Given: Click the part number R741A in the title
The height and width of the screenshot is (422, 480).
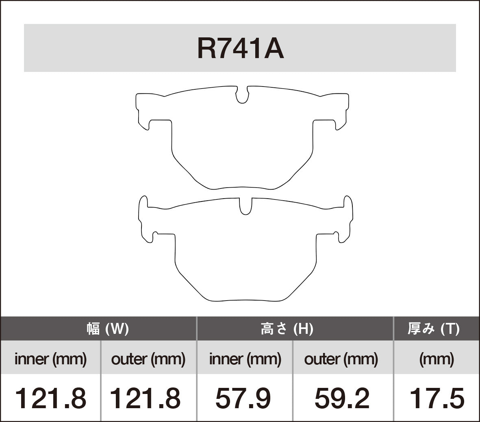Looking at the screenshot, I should [x=240, y=49].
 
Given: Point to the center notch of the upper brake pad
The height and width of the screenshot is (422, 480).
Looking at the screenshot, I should [x=242, y=95].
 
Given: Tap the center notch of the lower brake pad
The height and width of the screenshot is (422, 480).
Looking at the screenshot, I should [x=245, y=206].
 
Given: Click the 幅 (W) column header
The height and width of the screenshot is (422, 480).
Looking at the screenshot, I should [x=107, y=329].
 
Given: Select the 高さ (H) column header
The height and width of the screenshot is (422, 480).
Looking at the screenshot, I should [x=287, y=329].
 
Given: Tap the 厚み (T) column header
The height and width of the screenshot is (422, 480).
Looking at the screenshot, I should [x=434, y=329].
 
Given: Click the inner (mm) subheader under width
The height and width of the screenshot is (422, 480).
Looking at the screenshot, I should [x=50, y=359].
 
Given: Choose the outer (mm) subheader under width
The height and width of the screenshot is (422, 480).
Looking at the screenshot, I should [x=148, y=359].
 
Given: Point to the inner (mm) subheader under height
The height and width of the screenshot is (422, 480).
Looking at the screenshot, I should [x=245, y=359].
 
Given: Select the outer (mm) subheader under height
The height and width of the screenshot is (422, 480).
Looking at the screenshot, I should [x=341, y=359].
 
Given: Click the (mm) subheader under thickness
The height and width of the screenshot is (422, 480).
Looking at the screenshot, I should [x=437, y=359].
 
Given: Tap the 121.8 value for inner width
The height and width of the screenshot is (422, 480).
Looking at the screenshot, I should [x=50, y=398].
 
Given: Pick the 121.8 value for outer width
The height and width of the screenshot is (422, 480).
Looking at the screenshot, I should [x=145, y=398].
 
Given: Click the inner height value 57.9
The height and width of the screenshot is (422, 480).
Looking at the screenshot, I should [x=243, y=398].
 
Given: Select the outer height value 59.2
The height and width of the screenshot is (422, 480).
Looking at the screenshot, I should [x=342, y=398].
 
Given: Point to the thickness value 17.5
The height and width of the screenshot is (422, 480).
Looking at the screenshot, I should [x=437, y=398].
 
